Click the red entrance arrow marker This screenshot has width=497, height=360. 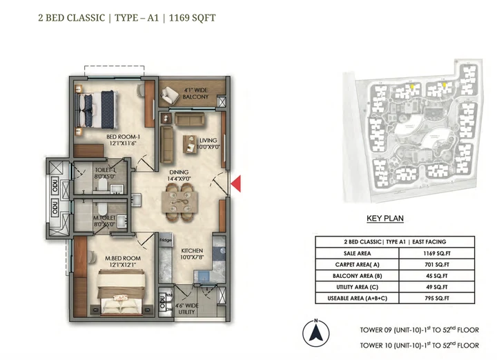click(235, 183)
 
